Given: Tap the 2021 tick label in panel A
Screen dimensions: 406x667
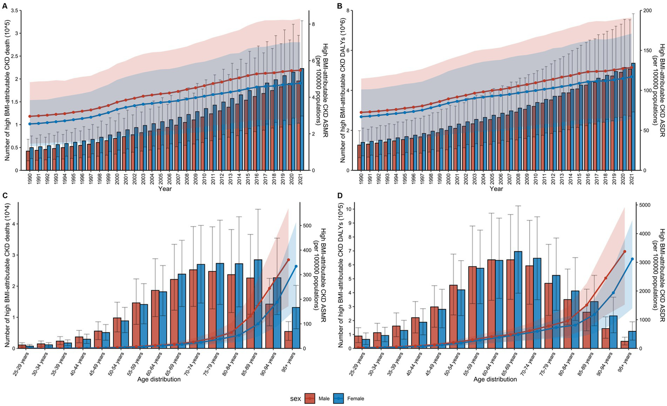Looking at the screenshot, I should [x=301, y=179].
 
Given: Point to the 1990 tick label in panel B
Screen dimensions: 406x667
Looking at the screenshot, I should [x=361, y=179].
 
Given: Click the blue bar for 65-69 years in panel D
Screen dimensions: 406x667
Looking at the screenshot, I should [x=518, y=300].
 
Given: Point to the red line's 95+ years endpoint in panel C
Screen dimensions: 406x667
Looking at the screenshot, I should [x=288, y=260].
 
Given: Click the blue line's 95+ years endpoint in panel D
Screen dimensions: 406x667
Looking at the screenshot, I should [x=632, y=259].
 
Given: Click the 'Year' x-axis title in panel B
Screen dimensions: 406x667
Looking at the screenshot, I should [x=496, y=189].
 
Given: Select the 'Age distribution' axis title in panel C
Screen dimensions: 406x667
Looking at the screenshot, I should [x=159, y=379].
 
